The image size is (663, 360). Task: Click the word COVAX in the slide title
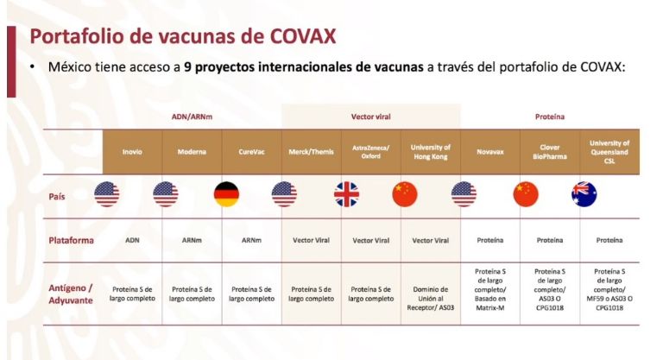tap(303, 36)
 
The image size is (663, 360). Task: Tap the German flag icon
tap(227, 194)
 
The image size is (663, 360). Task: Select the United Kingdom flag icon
tap(347, 194)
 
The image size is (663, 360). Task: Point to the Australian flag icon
tap(584, 194)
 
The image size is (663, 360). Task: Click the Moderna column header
tap(192, 152)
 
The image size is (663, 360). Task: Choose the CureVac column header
tap(251, 152)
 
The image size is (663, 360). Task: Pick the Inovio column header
tap(132, 152)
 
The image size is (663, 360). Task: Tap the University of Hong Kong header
tap(431, 152)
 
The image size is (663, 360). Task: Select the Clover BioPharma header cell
tap(550, 152)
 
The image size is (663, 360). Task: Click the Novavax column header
tap(490, 152)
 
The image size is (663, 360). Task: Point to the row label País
tap(57, 197)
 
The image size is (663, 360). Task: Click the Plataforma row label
tap(71, 240)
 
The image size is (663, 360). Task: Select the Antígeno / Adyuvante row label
tap(71, 294)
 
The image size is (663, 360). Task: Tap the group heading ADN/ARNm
tap(192, 117)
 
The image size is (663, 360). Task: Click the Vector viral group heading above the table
tap(371, 117)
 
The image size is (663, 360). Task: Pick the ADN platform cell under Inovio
tap(132, 240)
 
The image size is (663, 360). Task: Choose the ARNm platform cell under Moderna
tap(192, 240)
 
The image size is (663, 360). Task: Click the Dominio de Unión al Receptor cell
tap(431, 299)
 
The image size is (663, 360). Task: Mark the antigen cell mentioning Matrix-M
tap(490, 290)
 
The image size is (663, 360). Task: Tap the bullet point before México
tap(32, 66)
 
